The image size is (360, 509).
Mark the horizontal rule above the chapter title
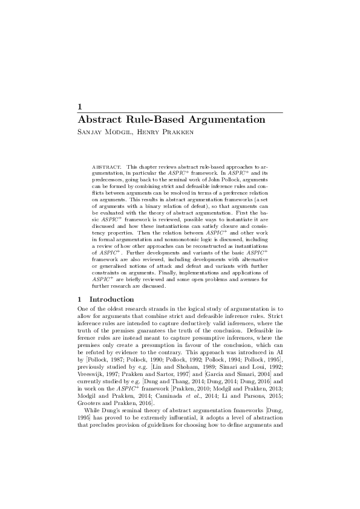[x=180, y=112]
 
